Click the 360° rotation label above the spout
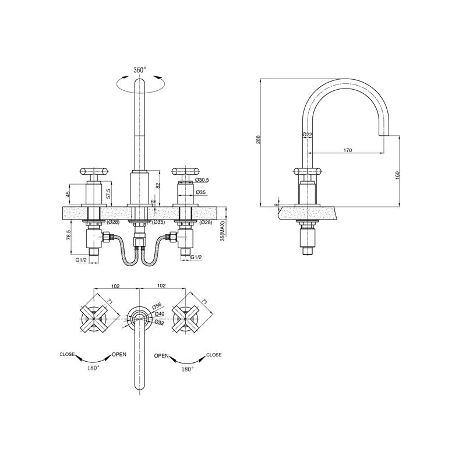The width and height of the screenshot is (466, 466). (x=140, y=70)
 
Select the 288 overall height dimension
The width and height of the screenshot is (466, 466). (x=259, y=140)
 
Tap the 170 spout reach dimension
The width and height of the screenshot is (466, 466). (x=347, y=150)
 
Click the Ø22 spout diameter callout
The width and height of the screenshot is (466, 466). (x=307, y=135)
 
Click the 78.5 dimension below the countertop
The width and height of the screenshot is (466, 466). (x=69, y=235)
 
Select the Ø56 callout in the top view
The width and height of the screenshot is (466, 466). (x=156, y=305)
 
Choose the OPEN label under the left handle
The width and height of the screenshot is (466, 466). (x=119, y=354)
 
